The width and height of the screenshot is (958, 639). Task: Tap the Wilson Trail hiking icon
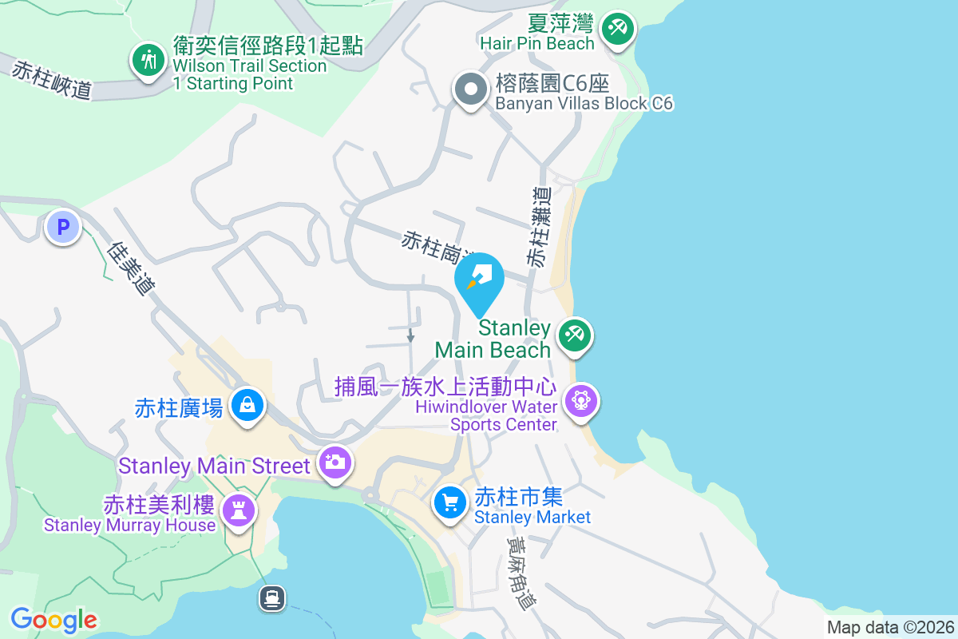(148, 61)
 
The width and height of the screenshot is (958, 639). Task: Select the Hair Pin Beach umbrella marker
(617, 30)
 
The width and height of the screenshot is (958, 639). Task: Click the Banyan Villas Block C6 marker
(471, 89)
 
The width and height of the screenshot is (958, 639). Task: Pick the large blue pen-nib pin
(479, 281)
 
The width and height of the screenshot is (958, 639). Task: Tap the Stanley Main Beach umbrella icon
(573, 335)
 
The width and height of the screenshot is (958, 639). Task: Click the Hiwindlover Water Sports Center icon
(580, 399)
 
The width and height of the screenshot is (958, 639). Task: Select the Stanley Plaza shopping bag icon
(247, 406)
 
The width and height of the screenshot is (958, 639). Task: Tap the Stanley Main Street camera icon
(335, 462)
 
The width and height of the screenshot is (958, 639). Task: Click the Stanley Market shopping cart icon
(450, 502)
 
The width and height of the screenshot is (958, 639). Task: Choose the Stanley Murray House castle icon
(237, 509)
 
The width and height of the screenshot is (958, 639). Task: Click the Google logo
(53, 620)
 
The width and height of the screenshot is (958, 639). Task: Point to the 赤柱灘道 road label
(539, 227)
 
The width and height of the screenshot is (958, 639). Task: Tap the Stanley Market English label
(532, 517)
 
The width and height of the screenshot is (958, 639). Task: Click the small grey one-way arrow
(410, 336)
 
